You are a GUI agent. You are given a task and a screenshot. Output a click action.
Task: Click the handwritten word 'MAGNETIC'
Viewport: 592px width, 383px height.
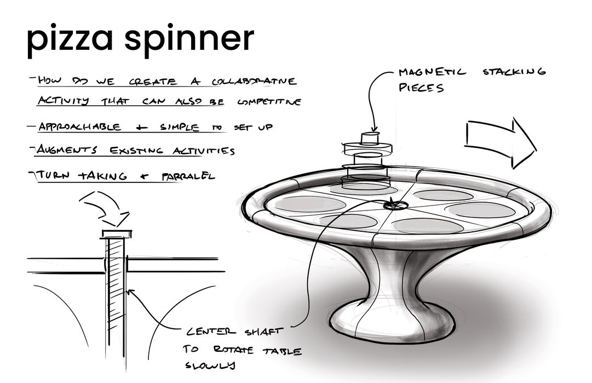coord(433,72)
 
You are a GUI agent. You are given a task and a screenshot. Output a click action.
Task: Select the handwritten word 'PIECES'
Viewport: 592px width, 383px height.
coord(421,88)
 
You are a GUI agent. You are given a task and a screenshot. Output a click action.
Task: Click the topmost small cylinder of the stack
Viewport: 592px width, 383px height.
coord(370,136)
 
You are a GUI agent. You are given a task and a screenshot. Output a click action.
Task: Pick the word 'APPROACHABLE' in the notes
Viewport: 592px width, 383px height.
coord(80,127)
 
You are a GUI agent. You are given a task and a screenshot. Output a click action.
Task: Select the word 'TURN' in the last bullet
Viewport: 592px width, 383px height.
coord(55,176)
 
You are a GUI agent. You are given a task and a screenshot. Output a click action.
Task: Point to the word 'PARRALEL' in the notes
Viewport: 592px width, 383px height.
coord(188,176)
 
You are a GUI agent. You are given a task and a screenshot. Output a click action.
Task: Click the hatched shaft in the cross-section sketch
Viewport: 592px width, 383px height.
coord(116,296)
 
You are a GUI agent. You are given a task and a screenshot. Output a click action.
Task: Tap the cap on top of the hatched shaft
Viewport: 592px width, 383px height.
coord(116,234)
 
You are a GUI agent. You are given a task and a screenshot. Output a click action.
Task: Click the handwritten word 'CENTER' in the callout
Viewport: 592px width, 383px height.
coord(211,332)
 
